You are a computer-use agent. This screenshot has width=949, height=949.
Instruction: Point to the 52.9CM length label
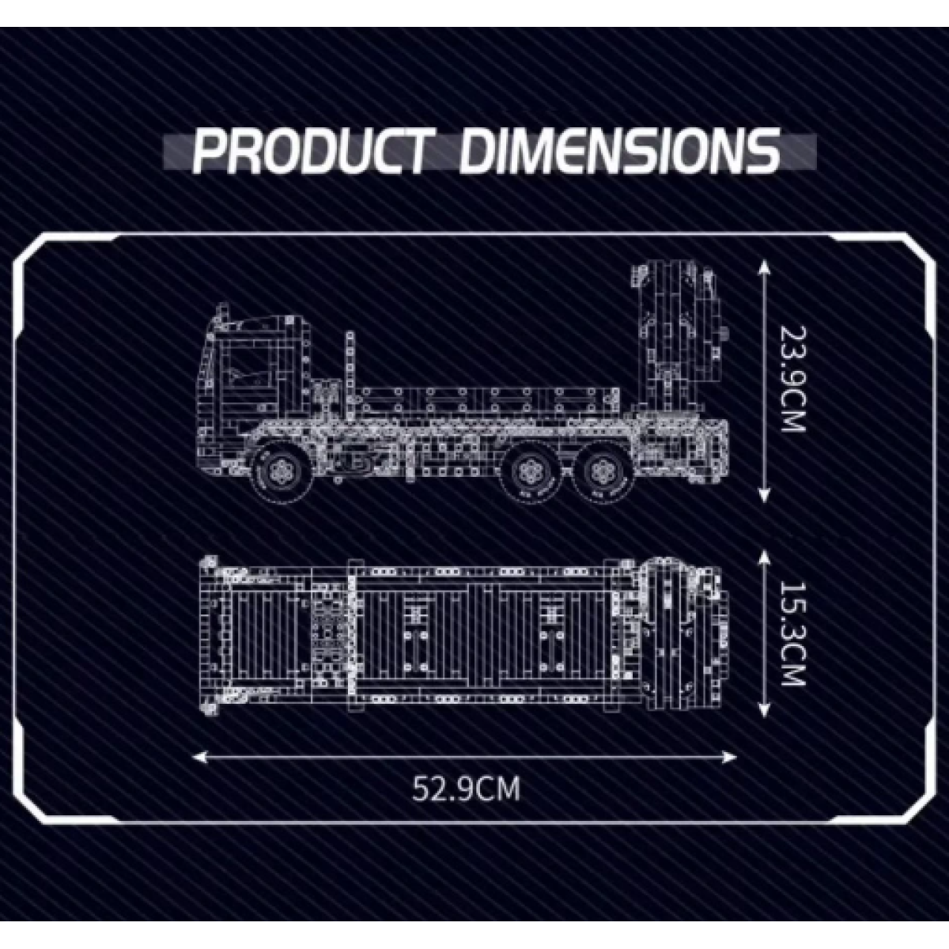click(x=466, y=788)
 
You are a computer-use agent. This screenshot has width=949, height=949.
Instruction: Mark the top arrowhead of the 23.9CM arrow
click(x=763, y=268)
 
